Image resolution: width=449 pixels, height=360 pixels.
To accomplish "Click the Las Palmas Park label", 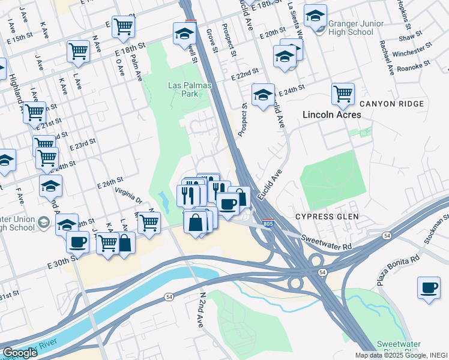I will coord(190,90).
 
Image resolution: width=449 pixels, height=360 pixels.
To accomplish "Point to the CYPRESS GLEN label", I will coord(327,216).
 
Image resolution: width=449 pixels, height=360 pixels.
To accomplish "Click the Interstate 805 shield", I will coord(268,224).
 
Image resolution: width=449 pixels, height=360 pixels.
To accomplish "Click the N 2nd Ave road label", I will coord(202,309).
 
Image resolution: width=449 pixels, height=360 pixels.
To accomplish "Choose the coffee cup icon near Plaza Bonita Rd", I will coord(429,288).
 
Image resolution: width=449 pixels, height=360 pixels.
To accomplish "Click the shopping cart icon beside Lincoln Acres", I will coord(342,93).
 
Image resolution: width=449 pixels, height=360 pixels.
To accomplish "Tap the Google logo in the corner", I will coord(20,353).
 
